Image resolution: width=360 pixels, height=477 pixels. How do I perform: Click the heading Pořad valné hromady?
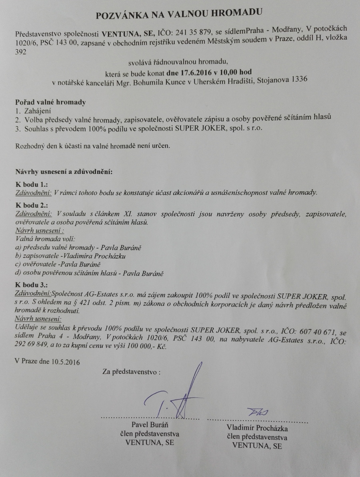pyautogui.click(x=50, y=102)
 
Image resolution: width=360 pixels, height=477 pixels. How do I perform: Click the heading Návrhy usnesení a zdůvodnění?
pyautogui.click(x=64, y=172)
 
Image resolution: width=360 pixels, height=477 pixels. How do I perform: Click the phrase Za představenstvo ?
pyautogui.click(x=131, y=372)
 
